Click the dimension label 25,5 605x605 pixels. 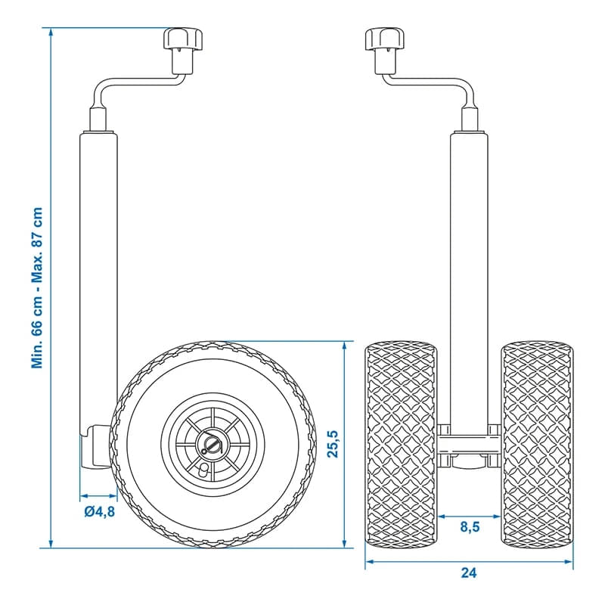[x=334, y=443]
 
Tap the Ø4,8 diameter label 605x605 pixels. [x=99, y=512]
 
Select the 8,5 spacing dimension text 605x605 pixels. [x=469, y=527]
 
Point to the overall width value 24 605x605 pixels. [x=469, y=573]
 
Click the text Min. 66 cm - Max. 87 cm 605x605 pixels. [x=37, y=287]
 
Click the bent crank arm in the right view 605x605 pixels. [x=431, y=85]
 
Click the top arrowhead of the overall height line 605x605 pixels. [x=51, y=33]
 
